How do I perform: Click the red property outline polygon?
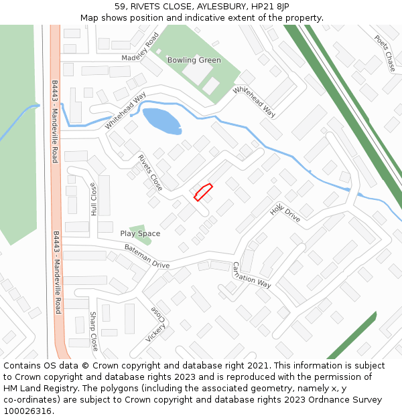point(203,192)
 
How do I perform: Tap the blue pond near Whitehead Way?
point(161,120)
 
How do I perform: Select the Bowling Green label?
point(194,60)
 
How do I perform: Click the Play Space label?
point(140,233)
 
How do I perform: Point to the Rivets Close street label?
point(150,173)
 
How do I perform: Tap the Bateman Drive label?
point(147,256)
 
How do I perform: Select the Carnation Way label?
point(251,275)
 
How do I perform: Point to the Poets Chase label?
point(385,53)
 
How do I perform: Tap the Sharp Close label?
point(94,332)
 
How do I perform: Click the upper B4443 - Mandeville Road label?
point(55,122)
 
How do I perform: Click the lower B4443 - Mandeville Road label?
point(57,272)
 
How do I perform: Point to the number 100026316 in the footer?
point(27,411)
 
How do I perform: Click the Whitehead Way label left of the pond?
point(125,110)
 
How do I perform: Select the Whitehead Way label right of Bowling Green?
point(255,102)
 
